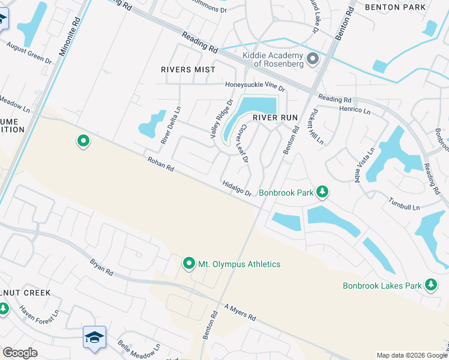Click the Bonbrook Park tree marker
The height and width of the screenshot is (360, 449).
point(323,192)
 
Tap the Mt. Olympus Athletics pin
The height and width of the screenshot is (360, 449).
point(189,263)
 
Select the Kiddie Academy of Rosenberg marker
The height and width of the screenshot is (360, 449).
point(313,59)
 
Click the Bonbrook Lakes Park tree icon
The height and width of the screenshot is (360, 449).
point(430,285)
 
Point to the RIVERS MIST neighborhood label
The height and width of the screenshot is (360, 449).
point(188,70)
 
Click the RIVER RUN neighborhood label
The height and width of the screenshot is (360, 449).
point(275,118)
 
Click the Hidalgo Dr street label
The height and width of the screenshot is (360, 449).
point(236,188)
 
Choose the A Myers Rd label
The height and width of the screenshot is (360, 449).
point(240,312)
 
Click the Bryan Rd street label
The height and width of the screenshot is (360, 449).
point(101,267)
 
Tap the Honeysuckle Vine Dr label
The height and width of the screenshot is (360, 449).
point(255,86)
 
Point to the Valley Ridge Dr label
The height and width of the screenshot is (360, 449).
point(220,119)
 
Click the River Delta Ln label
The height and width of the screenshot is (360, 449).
point(170,125)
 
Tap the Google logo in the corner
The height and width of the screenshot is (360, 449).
point(20,353)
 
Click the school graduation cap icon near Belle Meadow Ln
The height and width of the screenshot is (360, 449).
point(94,338)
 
